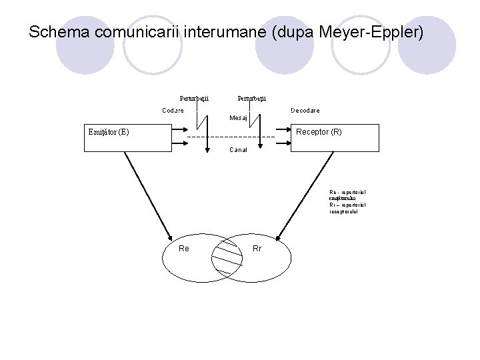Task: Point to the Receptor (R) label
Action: coord(319,132)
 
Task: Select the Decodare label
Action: coord(305,110)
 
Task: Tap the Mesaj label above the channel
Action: coord(238,118)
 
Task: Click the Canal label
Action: coord(238,150)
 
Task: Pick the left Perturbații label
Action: coord(194,99)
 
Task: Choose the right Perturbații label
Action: coord(251,99)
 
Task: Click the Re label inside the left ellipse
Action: coord(184,249)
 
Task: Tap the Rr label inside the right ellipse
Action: coord(257,249)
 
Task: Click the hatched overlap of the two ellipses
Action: coord(227,257)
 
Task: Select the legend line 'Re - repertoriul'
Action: coord(347,193)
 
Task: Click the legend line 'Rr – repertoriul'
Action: coord(347,205)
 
